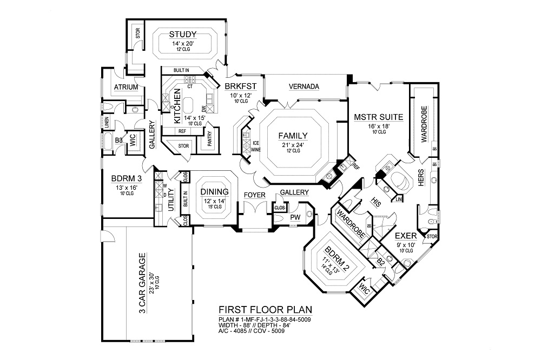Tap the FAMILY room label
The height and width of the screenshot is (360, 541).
point(293,136)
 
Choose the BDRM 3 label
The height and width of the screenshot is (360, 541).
point(126,179)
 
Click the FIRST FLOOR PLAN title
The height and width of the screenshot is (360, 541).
point(265,310)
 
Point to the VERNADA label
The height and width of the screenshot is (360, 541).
point(304,86)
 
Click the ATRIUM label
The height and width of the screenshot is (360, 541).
point(126,88)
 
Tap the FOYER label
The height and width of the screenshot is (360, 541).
point(254,194)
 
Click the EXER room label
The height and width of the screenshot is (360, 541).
point(405,236)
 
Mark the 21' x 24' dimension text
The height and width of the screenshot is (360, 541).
point(293,144)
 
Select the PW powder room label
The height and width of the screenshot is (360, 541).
point(295,217)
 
